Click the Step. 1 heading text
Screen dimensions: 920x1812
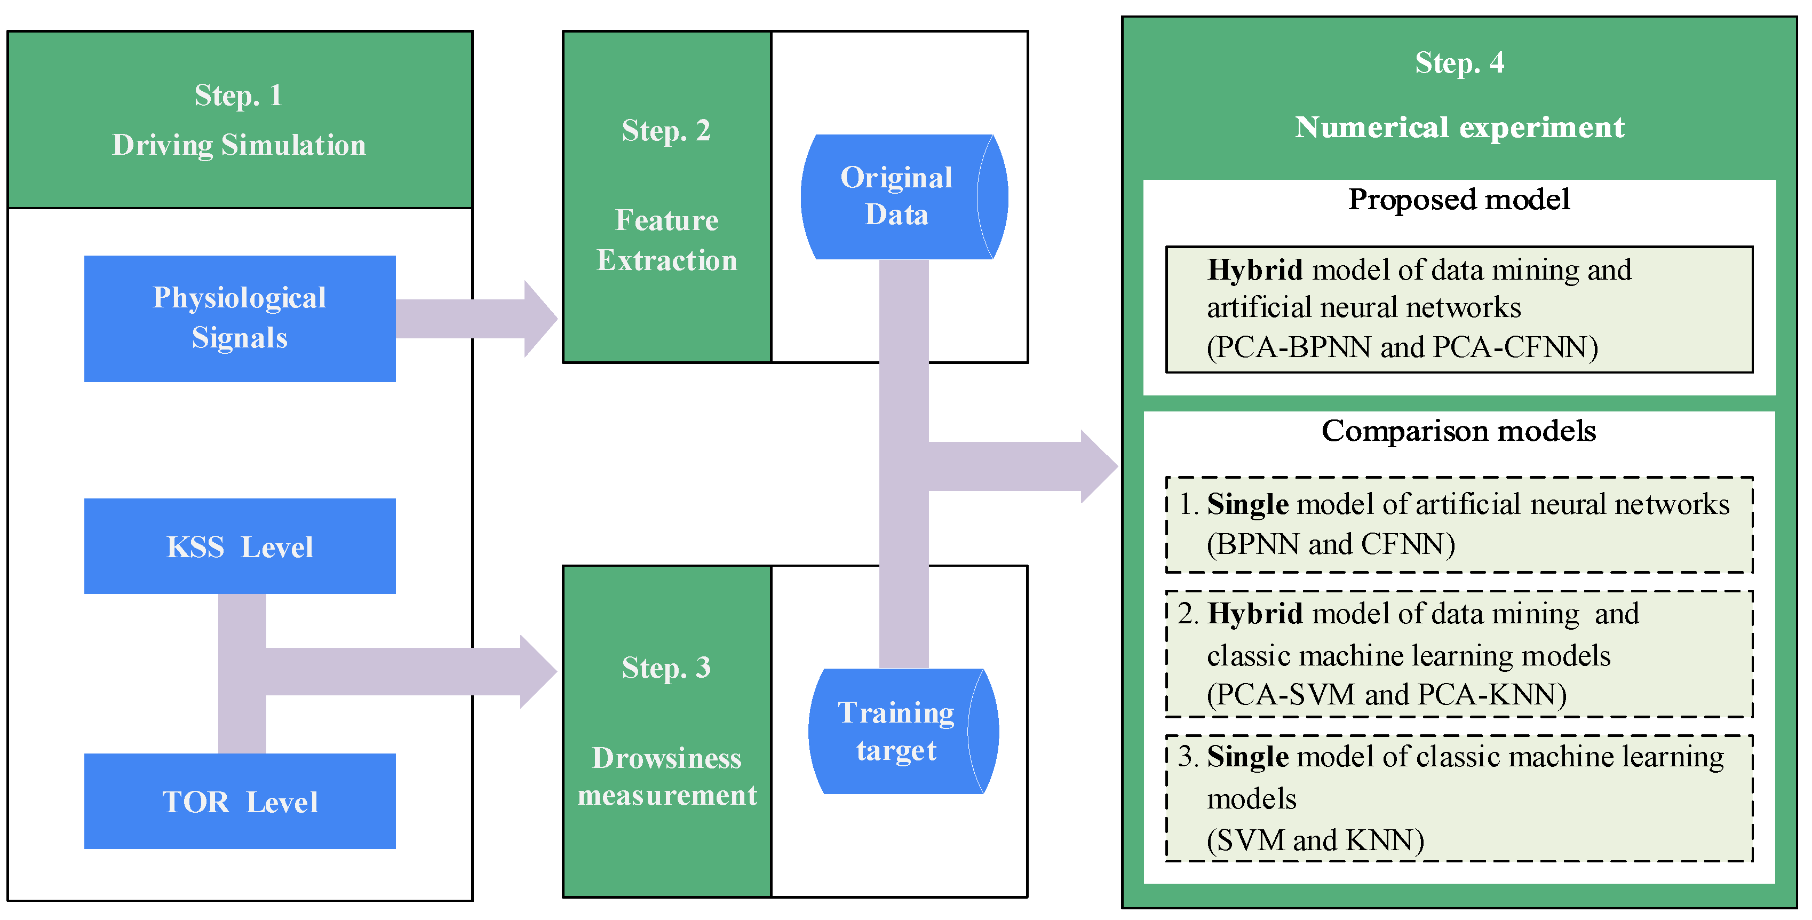tap(239, 95)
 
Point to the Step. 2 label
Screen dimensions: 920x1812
tap(666, 131)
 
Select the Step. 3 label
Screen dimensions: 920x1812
tap(666, 668)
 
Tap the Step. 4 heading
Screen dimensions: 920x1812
tap(1460, 64)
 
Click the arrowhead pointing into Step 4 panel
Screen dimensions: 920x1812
tap(1098, 466)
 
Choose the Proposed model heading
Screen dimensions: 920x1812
tap(1458, 200)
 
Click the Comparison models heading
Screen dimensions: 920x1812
tap(1458, 431)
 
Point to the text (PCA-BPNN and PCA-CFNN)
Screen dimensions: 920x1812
tap(1402, 347)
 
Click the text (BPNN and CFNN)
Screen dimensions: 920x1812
tap(1331, 544)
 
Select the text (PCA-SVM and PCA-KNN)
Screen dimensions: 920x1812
tap(1386, 695)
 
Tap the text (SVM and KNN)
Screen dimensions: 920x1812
tap(1315, 840)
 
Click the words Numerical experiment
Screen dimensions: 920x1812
tap(1460, 128)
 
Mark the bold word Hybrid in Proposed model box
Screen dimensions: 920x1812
tap(1255, 270)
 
